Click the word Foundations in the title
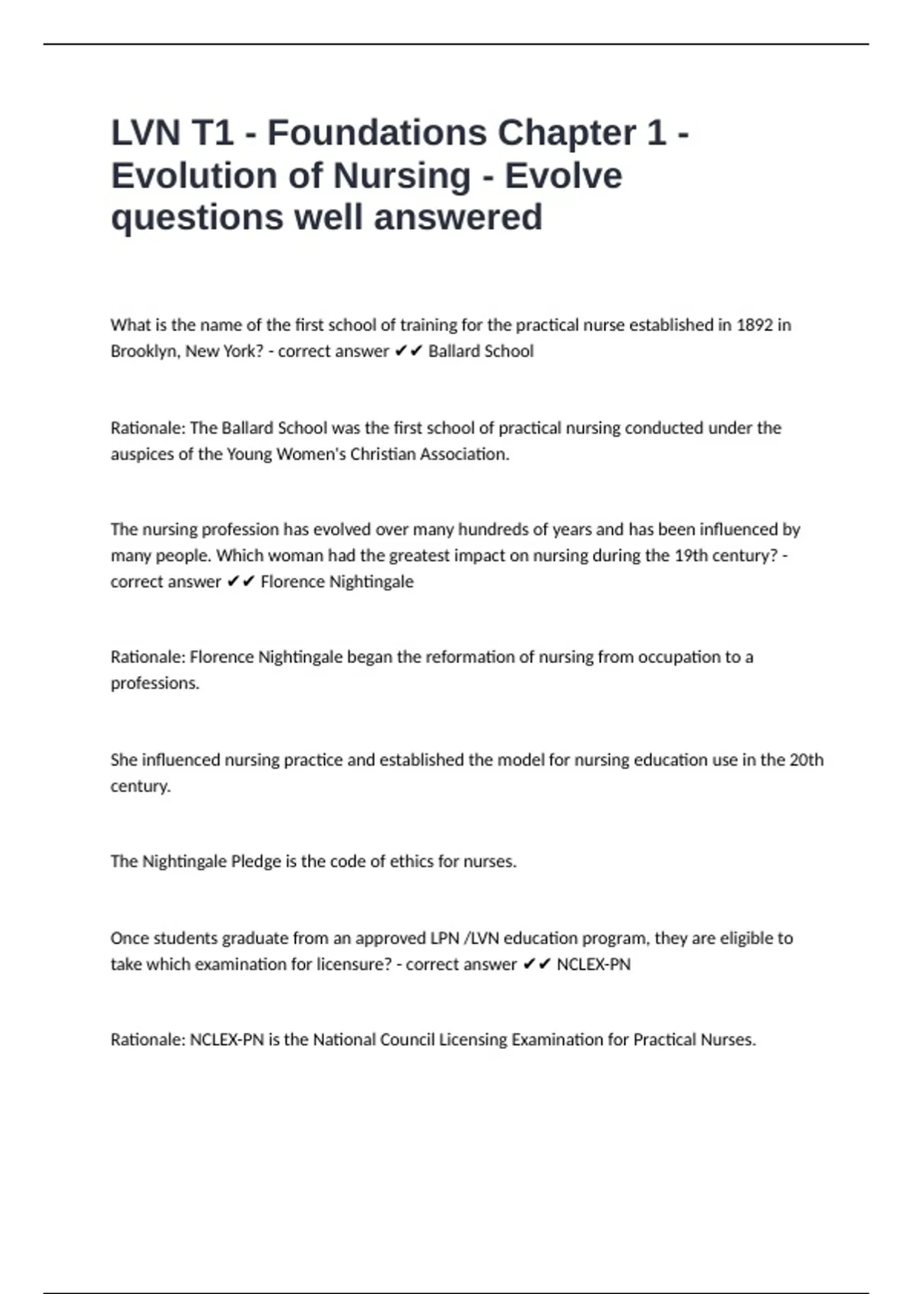pyautogui.click(x=377, y=133)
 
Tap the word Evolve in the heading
pyautogui.click(x=564, y=176)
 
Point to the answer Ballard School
pyautogui.click(x=481, y=351)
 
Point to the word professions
pyautogui.click(x=154, y=684)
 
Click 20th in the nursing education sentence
pyautogui.click(x=806, y=760)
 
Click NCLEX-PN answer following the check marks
pyautogui.click(x=593, y=964)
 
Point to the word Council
pyautogui.click(x=406, y=1040)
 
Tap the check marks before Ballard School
pyautogui.click(x=409, y=351)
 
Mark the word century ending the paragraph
pyautogui.click(x=140, y=786)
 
